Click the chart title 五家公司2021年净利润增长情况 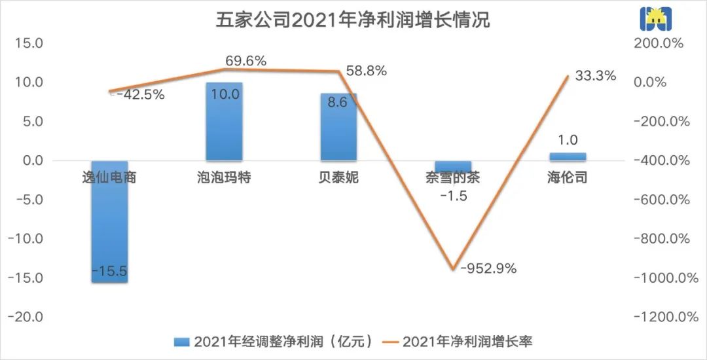[x=353, y=20]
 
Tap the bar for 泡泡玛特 [x=224, y=121]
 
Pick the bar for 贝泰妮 [x=338, y=126]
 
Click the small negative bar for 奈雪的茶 [x=453, y=166]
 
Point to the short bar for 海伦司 [x=568, y=156]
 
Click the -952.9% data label [x=488, y=268]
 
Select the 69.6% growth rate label [x=245, y=61]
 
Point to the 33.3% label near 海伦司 [x=596, y=76]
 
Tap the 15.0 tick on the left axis [x=29, y=44]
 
